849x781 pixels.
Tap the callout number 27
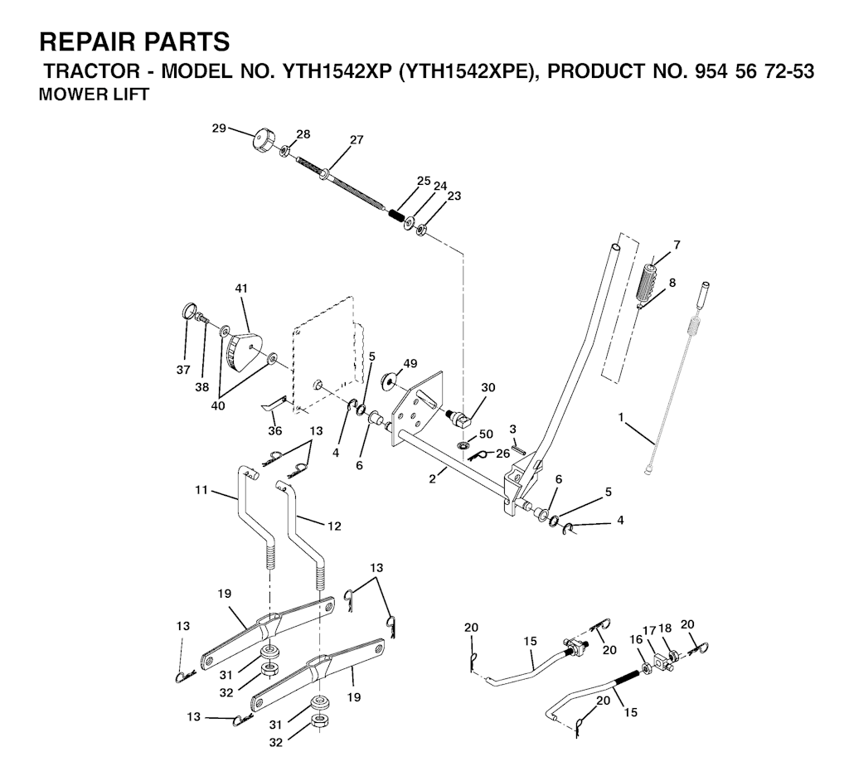(357, 140)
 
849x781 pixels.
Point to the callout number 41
(241, 289)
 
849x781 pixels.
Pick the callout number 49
(410, 363)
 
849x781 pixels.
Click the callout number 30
(488, 387)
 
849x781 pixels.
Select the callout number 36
(275, 430)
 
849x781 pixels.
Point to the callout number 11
(201, 490)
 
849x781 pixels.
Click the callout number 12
(335, 526)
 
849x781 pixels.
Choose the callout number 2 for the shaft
(432, 478)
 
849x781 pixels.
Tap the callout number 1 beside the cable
(621, 417)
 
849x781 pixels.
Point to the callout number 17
(648, 630)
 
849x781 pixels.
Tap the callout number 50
(486, 434)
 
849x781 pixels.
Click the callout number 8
(672, 283)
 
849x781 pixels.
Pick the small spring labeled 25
(396, 214)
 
